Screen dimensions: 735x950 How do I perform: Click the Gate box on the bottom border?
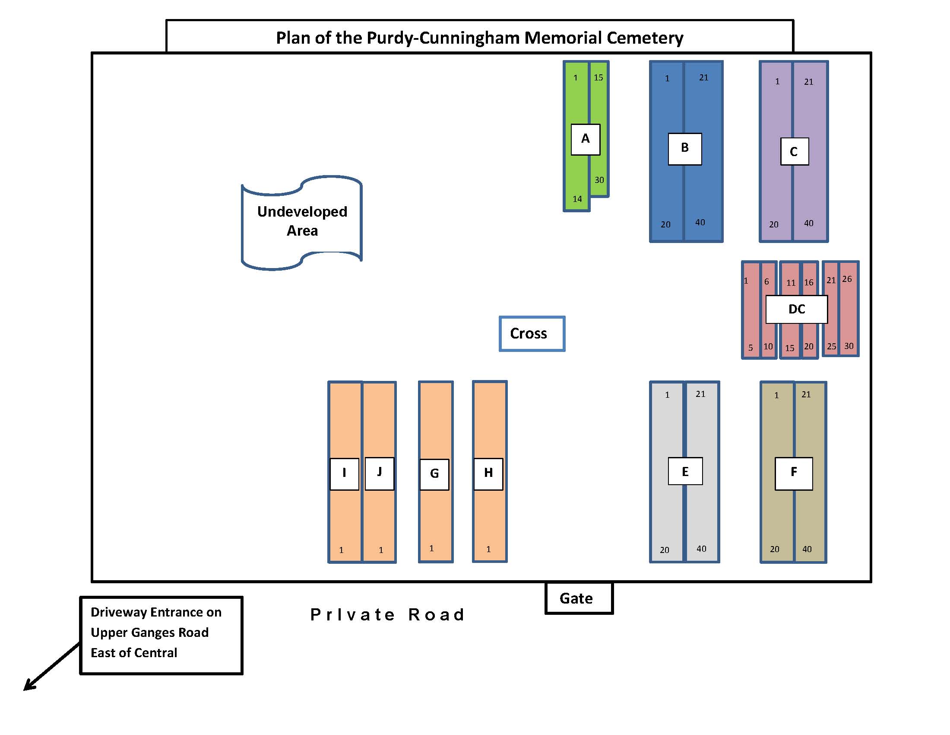pos(579,598)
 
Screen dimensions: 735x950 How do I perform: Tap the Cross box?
pos(532,334)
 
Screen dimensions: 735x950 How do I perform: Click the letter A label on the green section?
pos(586,139)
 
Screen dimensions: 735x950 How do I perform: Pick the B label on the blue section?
pos(685,148)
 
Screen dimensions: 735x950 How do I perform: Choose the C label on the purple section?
pos(794,151)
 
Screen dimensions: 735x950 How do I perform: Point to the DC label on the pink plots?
pos(796,309)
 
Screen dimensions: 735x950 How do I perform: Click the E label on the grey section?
pos(685,472)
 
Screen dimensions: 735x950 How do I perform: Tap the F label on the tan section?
pos(793,473)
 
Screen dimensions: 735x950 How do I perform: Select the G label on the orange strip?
pos(434,474)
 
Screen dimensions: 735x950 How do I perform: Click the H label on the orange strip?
pos(488,473)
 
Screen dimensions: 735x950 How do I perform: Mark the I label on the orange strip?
pos(344,473)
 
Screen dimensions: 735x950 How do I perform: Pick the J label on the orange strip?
pos(379,473)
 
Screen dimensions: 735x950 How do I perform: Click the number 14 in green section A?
pos(577,199)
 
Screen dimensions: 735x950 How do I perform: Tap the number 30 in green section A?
pos(599,180)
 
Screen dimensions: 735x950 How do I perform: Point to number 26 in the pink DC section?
pos(847,279)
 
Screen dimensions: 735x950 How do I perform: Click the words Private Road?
pos(387,615)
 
